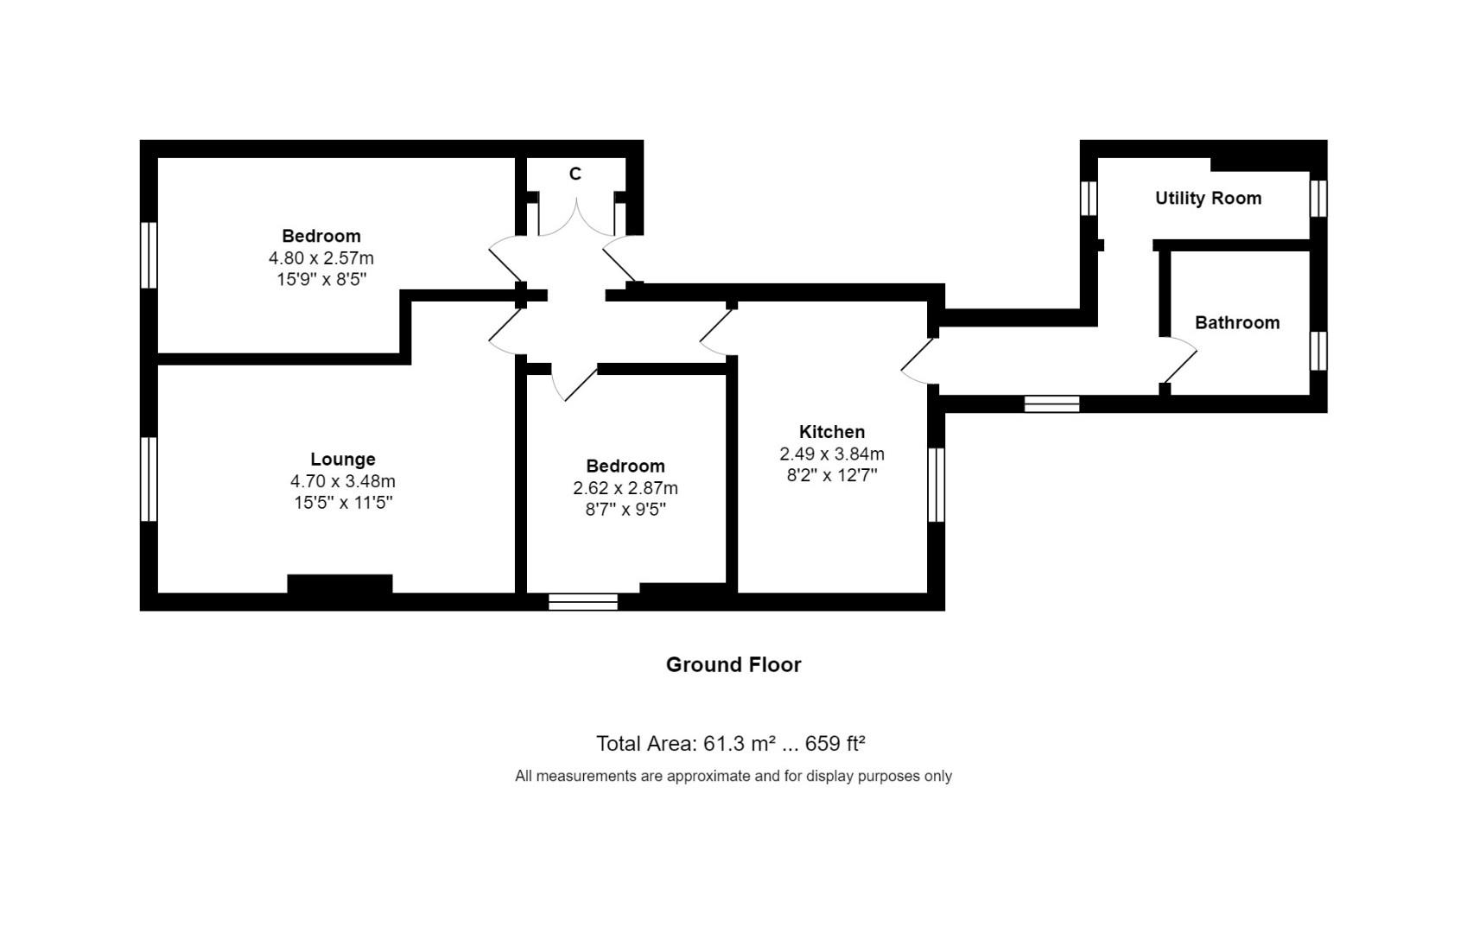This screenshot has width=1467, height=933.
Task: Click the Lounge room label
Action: (x=343, y=460)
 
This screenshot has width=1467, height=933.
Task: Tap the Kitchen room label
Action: (x=831, y=432)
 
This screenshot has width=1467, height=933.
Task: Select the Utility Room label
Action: (x=1208, y=199)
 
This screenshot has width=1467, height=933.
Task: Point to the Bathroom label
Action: (x=1236, y=323)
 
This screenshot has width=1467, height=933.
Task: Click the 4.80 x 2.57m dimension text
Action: (x=321, y=258)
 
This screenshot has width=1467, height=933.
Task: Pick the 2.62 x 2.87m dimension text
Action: (x=625, y=488)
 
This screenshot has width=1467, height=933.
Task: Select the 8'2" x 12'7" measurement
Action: (x=831, y=475)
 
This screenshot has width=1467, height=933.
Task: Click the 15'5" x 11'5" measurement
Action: (x=343, y=503)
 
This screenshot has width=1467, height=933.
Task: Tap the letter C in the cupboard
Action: (x=575, y=175)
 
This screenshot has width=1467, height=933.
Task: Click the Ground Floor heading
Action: (x=733, y=664)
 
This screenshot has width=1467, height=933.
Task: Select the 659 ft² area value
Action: (x=835, y=744)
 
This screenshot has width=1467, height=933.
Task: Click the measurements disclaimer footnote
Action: (x=733, y=776)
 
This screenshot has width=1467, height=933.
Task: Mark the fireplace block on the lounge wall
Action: (x=340, y=584)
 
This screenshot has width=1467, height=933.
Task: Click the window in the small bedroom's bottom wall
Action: (x=583, y=602)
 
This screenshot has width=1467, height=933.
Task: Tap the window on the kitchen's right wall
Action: (x=936, y=485)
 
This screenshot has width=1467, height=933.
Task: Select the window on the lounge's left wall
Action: (x=149, y=479)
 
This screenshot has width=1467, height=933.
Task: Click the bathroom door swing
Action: (x=1180, y=361)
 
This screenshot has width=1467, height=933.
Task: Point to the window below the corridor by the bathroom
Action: (x=1051, y=403)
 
